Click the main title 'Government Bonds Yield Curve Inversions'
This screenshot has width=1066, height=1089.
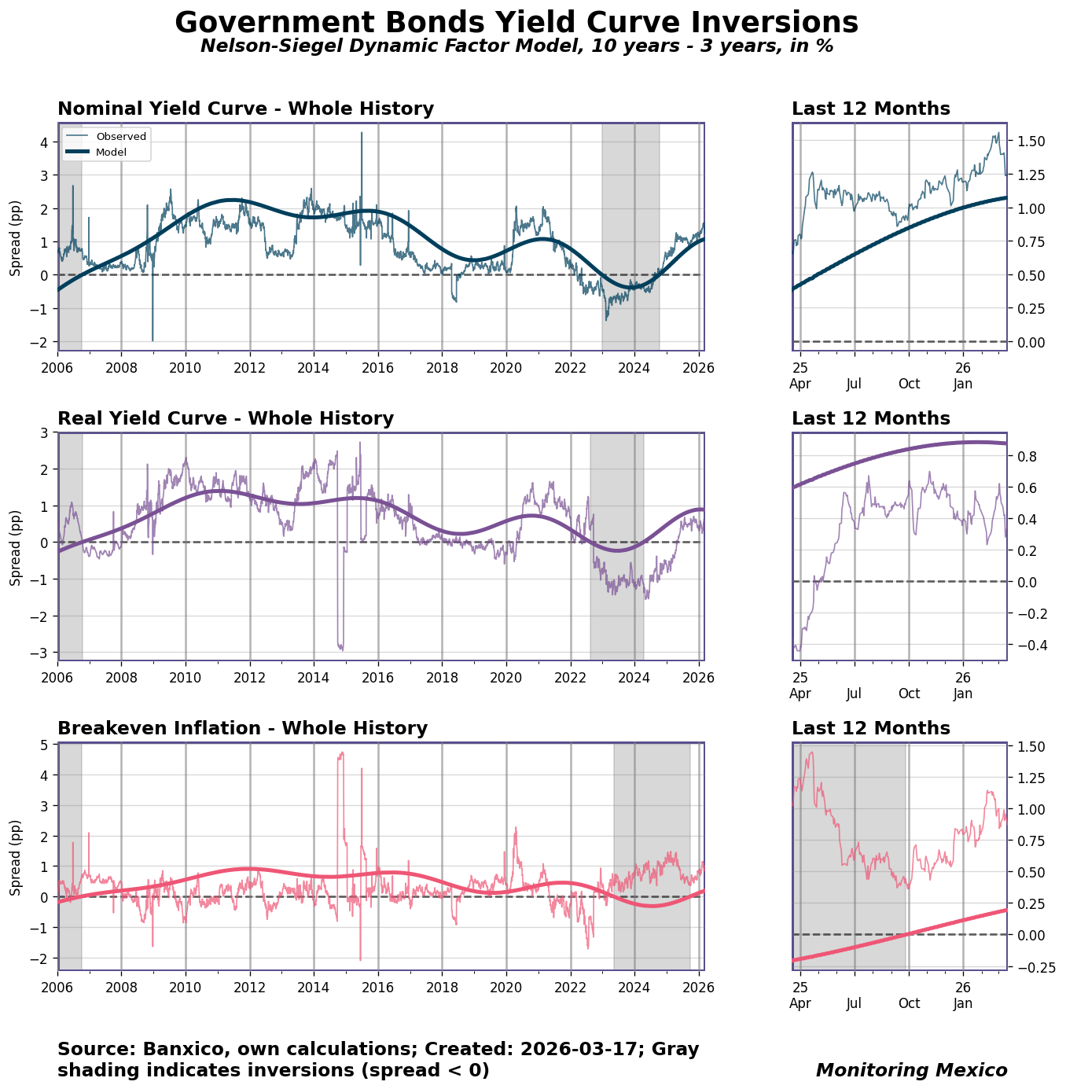click(516, 22)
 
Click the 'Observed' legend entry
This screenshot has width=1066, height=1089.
click(120, 136)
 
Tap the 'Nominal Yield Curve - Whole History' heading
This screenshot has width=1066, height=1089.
click(245, 109)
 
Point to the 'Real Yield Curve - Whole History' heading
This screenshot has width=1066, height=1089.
click(226, 418)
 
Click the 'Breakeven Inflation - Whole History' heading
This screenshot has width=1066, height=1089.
click(242, 728)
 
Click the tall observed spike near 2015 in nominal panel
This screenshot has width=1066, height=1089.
click(362, 135)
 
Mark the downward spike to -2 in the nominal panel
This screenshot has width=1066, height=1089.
click(153, 338)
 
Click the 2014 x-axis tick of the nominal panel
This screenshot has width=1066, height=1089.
click(314, 367)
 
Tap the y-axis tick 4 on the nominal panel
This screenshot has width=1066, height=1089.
click(44, 142)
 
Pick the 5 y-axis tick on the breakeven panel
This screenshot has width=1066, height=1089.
click(44, 745)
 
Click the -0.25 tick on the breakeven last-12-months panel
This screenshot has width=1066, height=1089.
click(1031, 966)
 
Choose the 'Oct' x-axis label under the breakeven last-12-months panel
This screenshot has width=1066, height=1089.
click(909, 1003)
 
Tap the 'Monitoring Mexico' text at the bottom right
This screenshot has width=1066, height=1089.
click(911, 1070)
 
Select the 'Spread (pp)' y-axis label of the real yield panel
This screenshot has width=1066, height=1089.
click(16, 546)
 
